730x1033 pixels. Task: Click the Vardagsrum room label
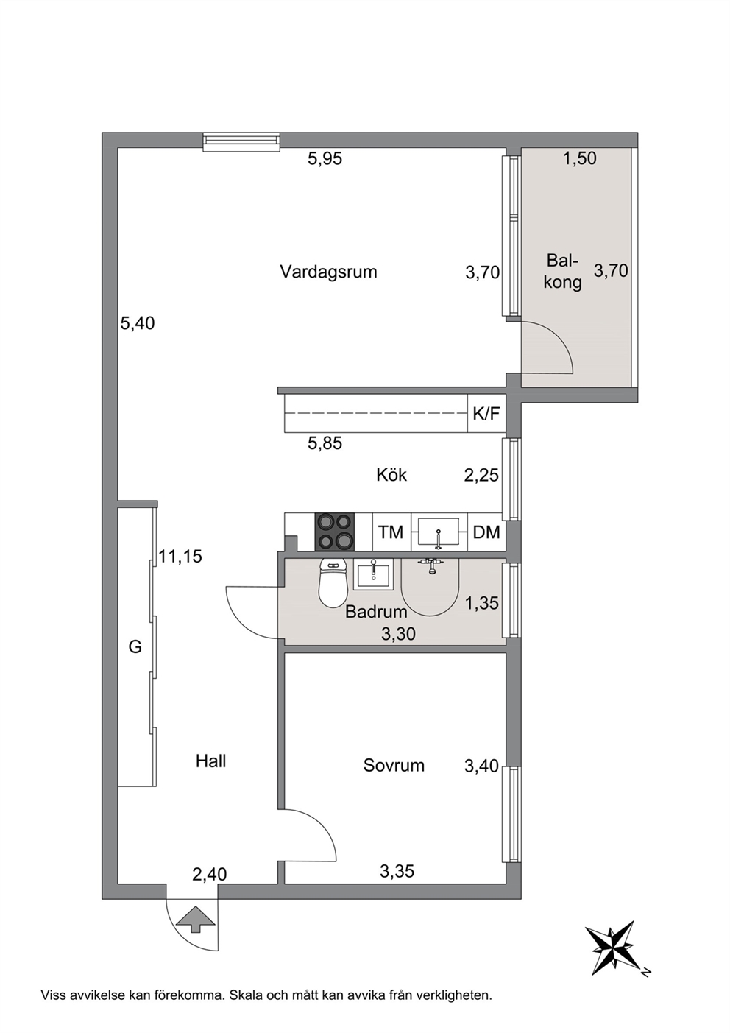click(x=328, y=272)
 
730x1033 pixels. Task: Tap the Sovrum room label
click(x=394, y=765)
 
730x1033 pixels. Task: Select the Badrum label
click(x=376, y=612)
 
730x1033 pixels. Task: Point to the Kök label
click(x=391, y=475)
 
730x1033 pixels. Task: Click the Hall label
click(x=210, y=761)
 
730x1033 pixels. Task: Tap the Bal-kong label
click(x=562, y=271)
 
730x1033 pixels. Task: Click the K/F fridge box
click(x=486, y=413)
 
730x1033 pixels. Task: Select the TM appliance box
click(x=391, y=532)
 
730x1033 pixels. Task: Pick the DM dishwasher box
click(x=486, y=532)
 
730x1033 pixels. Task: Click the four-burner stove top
click(x=335, y=532)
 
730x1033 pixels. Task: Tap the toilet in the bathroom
click(x=333, y=582)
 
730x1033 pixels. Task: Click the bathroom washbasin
click(x=373, y=574)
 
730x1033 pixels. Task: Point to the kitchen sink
click(x=439, y=532)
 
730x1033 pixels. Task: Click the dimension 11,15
click(x=180, y=557)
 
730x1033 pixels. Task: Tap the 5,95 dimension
click(x=325, y=158)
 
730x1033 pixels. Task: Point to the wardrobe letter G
click(x=135, y=647)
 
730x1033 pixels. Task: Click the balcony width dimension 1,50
click(x=580, y=158)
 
